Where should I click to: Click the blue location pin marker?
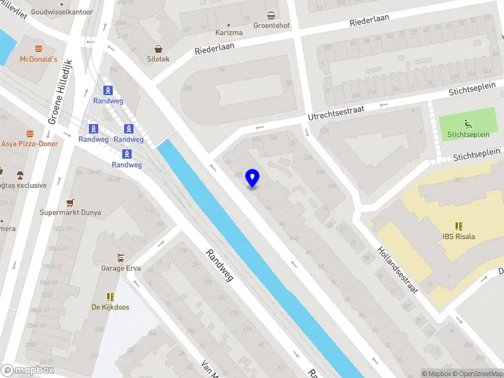253,178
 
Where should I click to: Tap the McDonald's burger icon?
38,49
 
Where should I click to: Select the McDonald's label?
38,59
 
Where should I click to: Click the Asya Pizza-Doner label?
30,144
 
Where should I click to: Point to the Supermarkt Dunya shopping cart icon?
71,202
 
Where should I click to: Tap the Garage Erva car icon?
121,258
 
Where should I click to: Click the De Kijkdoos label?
111,307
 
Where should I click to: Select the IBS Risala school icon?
459,226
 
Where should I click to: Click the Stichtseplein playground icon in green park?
467,123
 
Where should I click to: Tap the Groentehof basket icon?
272,15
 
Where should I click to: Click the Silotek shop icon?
158,49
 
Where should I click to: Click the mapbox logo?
26,370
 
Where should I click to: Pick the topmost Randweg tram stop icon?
108,90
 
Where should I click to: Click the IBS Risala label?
458,237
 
